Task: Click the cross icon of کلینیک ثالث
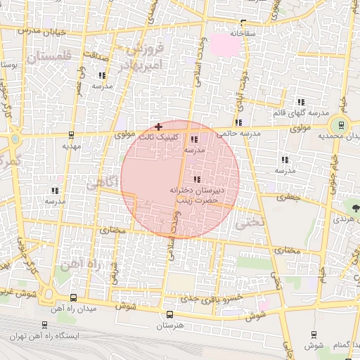[157, 126]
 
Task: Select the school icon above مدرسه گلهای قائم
[300, 103]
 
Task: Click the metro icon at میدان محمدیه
[341, 125]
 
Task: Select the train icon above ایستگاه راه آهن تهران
[45, 326]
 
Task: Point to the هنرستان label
[169, 327]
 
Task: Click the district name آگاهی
[101, 184]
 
